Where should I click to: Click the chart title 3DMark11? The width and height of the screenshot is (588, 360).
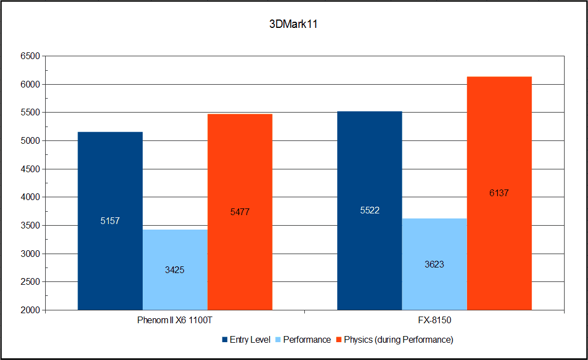coord(294,25)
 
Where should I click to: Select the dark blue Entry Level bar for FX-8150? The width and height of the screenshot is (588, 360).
coord(370,167)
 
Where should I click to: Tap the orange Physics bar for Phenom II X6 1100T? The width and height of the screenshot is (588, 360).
coord(240,167)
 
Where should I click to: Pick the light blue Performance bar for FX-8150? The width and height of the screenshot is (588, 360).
coord(434,290)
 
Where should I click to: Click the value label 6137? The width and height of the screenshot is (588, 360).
coord(499,193)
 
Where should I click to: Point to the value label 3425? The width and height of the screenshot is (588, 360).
coord(174,270)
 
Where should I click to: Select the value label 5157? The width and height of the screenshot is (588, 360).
coord(110,221)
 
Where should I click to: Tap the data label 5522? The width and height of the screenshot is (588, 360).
coord(370,210)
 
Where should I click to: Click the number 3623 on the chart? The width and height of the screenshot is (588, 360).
coord(434,264)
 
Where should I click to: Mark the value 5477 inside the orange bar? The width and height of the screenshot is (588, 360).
coord(240,212)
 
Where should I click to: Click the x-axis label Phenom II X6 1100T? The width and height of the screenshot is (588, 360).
coord(174,322)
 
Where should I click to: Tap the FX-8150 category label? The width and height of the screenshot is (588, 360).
coord(434,322)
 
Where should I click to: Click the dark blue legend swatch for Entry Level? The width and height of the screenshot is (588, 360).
coord(225,339)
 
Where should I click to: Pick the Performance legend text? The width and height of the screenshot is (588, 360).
coord(307,339)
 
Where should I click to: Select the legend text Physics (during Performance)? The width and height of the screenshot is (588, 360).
coord(398,339)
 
